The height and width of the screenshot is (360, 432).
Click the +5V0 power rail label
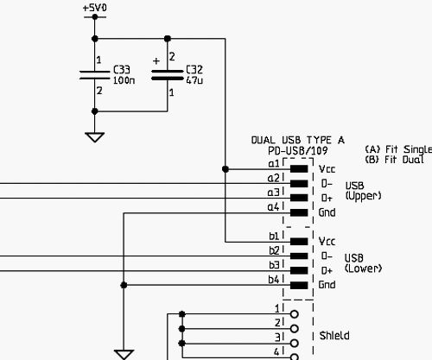click(x=95, y=8)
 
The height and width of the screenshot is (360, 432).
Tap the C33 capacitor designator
click(x=122, y=70)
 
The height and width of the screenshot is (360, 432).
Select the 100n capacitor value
click(x=124, y=80)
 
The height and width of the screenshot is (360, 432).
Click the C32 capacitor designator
click(x=194, y=69)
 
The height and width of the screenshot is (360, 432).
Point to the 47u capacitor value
click(x=194, y=80)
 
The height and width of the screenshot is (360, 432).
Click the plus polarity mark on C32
click(x=156, y=61)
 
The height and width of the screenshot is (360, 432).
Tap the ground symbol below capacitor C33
click(x=95, y=137)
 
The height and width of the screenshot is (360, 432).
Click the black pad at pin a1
click(x=299, y=169)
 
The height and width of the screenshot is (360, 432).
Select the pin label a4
click(x=273, y=207)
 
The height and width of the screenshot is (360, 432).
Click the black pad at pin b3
click(x=299, y=270)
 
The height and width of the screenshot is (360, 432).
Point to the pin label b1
click(x=274, y=236)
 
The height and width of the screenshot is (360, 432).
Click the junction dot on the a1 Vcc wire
click(x=226, y=169)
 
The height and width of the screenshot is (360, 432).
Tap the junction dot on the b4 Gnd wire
click(x=124, y=285)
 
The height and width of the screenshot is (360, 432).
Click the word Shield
click(x=334, y=336)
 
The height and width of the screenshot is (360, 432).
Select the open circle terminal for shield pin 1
click(x=295, y=314)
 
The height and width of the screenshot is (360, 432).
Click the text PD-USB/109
click(x=298, y=151)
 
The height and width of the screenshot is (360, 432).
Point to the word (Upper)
click(x=363, y=196)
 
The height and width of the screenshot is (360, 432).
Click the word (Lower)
click(x=363, y=268)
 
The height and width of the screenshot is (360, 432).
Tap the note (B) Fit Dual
click(x=394, y=160)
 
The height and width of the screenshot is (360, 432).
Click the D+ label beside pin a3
click(x=327, y=198)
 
